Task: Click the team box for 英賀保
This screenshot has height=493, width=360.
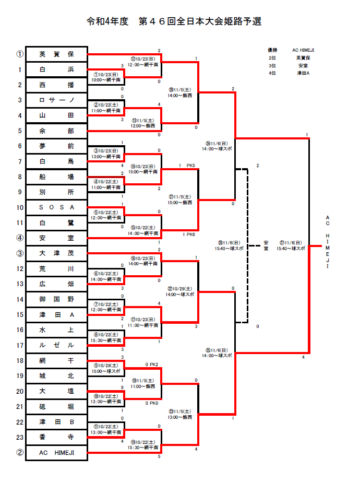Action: pos(56,54)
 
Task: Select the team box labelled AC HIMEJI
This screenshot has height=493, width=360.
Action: pos(56,453)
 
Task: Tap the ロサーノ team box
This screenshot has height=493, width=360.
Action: pos(56,100)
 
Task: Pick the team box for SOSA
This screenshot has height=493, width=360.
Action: pos(56,207)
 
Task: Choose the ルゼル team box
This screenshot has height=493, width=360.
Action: pos(56,345)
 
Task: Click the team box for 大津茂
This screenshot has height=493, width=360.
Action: pos(56,253)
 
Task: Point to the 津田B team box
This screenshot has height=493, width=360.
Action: pos(56,422)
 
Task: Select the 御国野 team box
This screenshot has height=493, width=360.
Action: pos(56,299)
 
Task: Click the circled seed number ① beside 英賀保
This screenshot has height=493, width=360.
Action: pos(19,54)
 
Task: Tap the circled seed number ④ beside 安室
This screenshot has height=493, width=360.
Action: pos(19,238)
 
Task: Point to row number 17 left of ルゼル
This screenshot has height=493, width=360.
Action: pos(19,345)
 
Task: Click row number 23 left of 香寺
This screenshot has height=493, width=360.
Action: pos(19,437)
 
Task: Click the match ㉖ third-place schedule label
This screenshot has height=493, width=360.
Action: pos(230,246)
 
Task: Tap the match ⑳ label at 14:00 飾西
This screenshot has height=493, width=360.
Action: pos(179,93)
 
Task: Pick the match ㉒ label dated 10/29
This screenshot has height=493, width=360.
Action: pos(179,291)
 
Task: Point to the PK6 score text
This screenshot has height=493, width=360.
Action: pos(188,234)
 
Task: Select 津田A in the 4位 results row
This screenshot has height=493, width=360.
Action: pos(303,73)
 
